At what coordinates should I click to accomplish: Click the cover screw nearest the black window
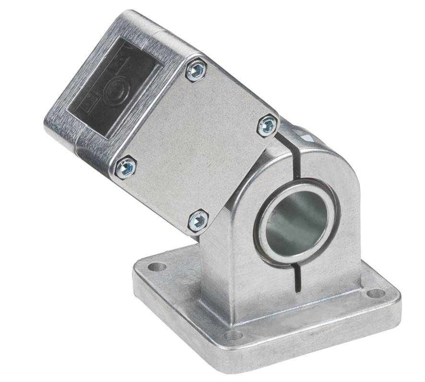196,71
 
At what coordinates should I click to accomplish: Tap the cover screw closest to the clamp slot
267,126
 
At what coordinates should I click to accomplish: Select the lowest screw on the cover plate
198,221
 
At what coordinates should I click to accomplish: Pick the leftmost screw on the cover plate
126,167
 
